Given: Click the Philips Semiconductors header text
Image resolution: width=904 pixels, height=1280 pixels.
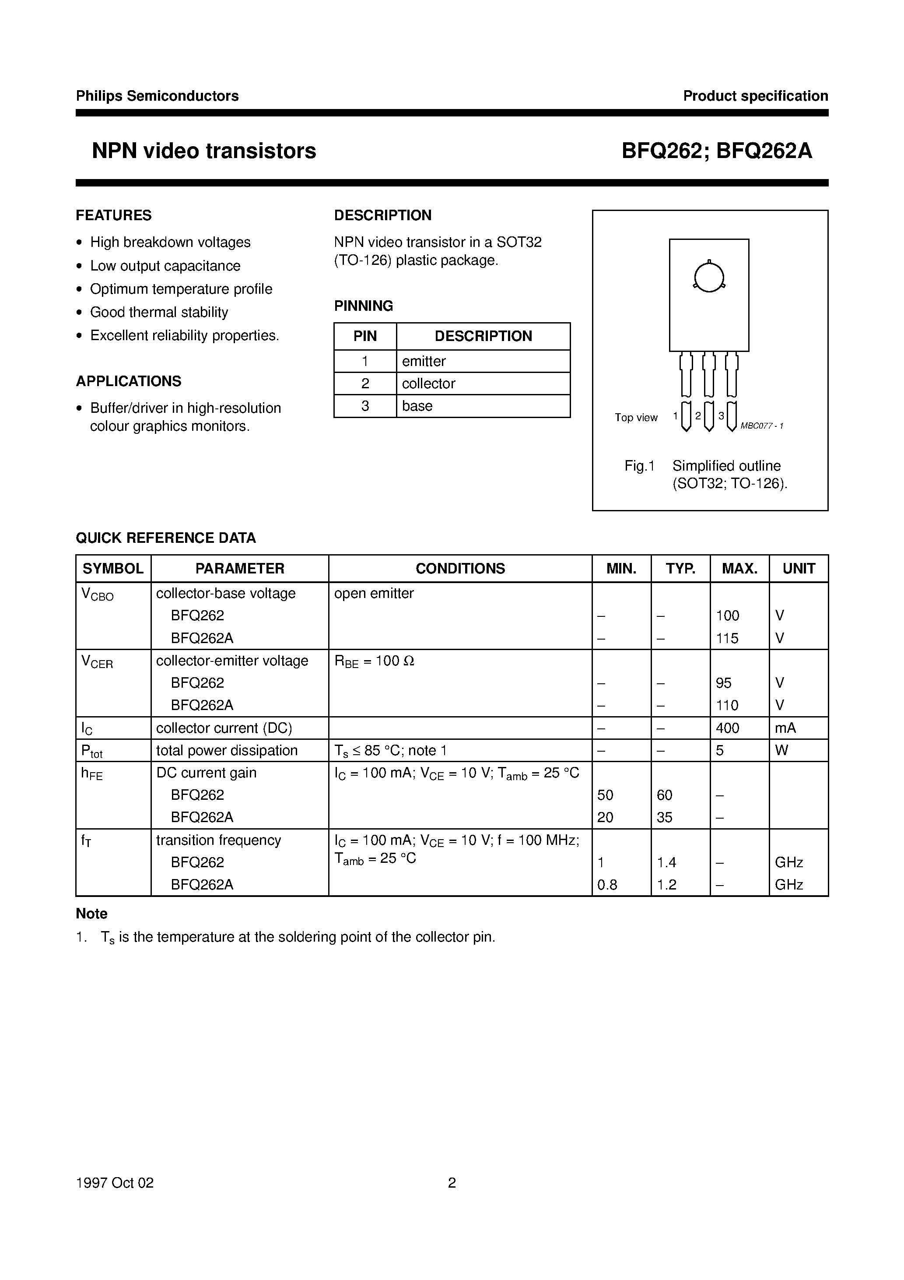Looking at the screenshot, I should click(157, 96).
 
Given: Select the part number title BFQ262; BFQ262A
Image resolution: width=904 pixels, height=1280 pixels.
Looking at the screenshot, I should click(717, 151).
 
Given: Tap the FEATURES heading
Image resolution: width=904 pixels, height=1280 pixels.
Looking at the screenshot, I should click(114, 215).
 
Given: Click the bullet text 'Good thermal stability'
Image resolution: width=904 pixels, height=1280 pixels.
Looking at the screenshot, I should click(159, 312).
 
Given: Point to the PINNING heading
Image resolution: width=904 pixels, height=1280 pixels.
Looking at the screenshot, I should click(363, 306).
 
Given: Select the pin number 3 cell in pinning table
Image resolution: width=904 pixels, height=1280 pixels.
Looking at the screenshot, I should click(365, 406).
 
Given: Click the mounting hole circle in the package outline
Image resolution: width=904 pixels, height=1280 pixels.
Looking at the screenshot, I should click(709, 277).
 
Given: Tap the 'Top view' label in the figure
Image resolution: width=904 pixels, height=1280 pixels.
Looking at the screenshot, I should click(636, 418).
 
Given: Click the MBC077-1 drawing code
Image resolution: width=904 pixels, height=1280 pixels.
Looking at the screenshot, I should click(762, 426).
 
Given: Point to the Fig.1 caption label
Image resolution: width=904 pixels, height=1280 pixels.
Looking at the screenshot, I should click(639, 466).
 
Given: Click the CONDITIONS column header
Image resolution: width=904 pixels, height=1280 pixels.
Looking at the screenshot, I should click(460, 569).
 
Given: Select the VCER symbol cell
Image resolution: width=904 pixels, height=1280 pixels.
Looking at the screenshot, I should click(98, 662).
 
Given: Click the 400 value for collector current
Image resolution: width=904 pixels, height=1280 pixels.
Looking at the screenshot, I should click(727, 728).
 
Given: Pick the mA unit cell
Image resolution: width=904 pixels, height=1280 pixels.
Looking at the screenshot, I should click(785, 728).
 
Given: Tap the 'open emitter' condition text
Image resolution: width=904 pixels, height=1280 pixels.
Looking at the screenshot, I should click(374, 593).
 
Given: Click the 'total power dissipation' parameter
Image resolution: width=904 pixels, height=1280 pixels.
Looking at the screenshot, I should click(227, 750).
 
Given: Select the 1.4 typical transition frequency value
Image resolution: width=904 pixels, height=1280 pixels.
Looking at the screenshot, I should click(666, 862).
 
